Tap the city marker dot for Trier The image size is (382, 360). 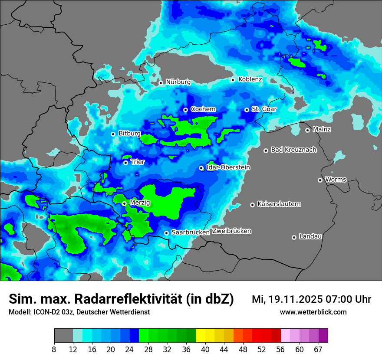tap(125, 163)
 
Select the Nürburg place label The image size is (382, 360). tap(178, 82)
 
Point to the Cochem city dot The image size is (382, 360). tap(185, 110)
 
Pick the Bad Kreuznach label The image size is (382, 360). tap(293, 150)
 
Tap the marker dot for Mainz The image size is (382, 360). tap(307, 130)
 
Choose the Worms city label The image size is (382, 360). tap(336, 180)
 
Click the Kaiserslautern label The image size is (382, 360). tap(279, 204)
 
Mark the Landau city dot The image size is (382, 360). tap(294, 237)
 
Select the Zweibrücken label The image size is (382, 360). tap(231, 231)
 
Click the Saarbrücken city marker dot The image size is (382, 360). tap(166, 233)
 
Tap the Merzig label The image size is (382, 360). tap(140, 203)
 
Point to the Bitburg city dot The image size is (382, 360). tap(113, 134)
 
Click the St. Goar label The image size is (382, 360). tap(264, 109)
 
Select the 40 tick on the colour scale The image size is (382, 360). tap(205, 349)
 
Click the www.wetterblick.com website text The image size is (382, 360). tap(313, 312)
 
